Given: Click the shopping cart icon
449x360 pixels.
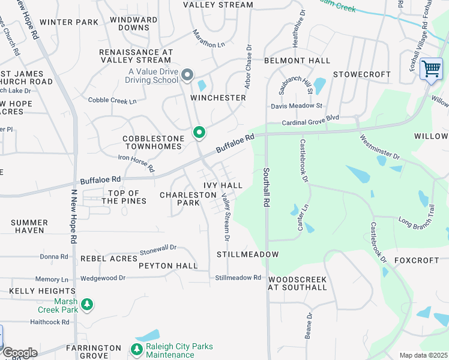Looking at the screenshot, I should pos(431,69).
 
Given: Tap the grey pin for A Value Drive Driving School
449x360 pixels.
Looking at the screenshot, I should pos(187,75).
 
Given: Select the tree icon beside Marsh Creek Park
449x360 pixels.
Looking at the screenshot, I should pos(87,305).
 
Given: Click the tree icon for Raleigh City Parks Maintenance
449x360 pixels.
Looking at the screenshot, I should pos(135,349).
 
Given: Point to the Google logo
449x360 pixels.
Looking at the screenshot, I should pos(19,353).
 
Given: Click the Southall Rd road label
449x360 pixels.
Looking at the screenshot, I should pos(266,187).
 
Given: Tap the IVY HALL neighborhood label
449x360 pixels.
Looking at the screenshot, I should pos(223,185).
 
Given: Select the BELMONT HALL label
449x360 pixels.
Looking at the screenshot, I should pos(297,61).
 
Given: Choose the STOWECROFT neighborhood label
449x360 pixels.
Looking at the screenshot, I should pos(361,74).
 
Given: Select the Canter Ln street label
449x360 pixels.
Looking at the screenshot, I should pos(303,217).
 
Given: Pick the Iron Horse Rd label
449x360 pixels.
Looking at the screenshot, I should pos(136,163).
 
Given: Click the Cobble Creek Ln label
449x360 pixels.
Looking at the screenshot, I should pos(112,100).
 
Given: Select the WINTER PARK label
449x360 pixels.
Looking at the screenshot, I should pos(69,22).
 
